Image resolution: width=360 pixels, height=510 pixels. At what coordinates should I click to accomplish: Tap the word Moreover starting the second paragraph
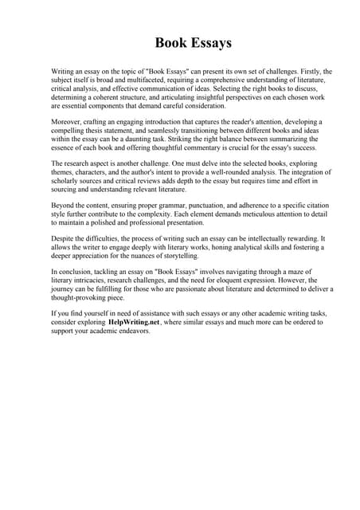pos(68,118)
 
